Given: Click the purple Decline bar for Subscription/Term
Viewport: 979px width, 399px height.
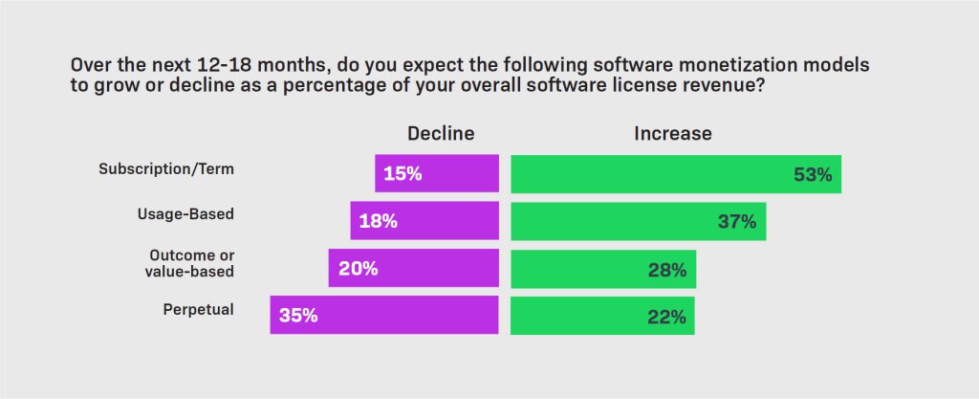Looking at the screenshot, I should click(437, 174).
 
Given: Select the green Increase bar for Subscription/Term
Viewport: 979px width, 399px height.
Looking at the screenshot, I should click(675, 174).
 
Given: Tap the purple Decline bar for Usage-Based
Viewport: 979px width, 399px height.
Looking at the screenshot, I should click(424, 221).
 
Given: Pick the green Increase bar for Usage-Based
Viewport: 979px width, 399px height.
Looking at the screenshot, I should click(638, 221).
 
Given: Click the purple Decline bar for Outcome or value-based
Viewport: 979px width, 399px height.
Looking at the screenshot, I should click(414, 268).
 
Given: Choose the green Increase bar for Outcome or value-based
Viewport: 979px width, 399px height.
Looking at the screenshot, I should click(602, 268).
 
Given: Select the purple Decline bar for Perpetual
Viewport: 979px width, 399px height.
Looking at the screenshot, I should click(384, 315).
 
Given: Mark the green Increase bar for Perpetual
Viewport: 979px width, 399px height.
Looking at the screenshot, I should click(601, 315).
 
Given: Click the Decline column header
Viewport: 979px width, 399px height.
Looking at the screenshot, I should click(441, 133).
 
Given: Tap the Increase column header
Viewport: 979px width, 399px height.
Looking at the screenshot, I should click(672, 133).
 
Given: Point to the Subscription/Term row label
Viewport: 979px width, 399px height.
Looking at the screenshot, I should click(166, 168).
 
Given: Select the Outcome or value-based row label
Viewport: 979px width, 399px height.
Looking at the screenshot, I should click(191, 262).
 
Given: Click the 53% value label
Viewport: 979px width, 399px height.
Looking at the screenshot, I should click(813, 175).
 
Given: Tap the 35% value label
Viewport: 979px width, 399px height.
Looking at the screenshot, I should click(298, 316).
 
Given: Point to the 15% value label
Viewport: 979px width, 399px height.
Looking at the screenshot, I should click(402, 175).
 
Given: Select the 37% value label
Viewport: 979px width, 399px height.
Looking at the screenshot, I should click(737, 222).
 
